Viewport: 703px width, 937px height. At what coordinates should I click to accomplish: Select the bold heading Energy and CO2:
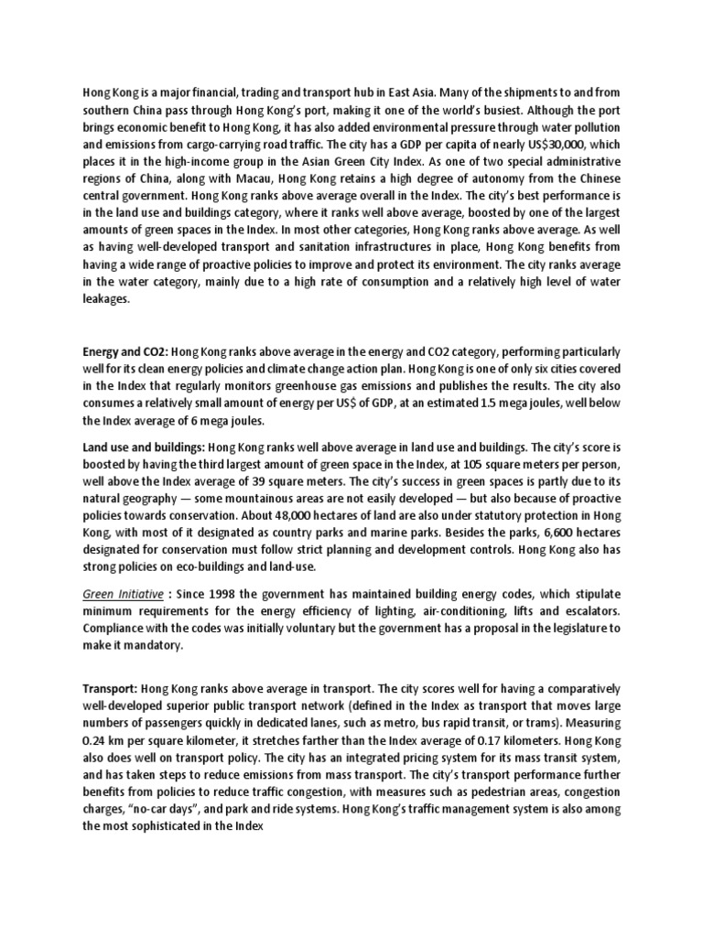pyautogui.click(x=124, y=352)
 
